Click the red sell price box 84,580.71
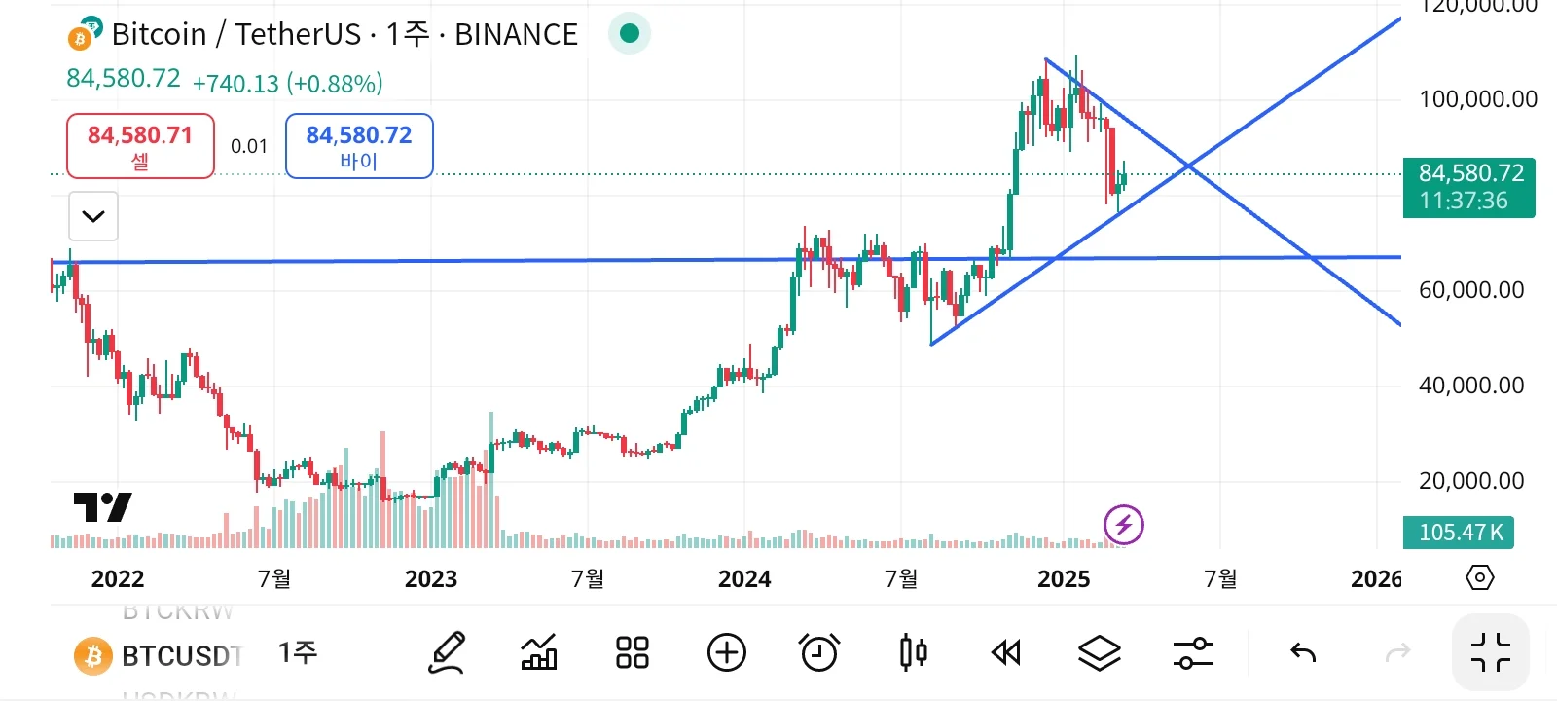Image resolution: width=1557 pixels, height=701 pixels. (x=140, y=146)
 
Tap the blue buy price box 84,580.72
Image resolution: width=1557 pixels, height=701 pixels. (x=359, y=146)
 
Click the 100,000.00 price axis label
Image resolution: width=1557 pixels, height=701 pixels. (x=1477, y=98)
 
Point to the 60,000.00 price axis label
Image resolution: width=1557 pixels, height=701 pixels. (x=1470, y=289)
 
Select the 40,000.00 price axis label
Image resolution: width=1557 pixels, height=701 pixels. (x=1470, y=385)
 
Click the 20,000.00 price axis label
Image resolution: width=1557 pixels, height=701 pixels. (x=1470, y=480)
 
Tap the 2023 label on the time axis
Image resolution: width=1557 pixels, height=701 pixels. (x=430, y=579)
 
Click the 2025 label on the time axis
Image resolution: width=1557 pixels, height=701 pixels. (x=1064, y=579)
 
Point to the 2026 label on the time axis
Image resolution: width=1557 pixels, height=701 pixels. (x=1375, y=579)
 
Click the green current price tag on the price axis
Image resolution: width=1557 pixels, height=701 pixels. (x=1469, y=187)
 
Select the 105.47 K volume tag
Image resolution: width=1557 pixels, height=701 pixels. (x=1459, y=533)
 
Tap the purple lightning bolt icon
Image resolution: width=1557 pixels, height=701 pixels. (x=1123, y=526)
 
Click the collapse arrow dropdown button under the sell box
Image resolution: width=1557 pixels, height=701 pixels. (x=93, y=216)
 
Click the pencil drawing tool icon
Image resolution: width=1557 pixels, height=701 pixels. (x=447, y=652)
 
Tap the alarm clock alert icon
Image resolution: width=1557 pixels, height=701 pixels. (x=818, y=652)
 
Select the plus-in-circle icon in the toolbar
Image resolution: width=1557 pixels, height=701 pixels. (x=726, y=652)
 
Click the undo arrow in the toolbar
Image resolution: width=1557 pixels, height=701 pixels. (x=1302, y=652)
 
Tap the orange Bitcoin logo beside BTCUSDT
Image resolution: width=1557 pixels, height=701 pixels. (x=93, y=656)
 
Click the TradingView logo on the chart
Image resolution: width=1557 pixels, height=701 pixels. (x=102, y=507)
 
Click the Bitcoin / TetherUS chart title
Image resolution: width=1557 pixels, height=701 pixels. (x=344, y=35)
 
